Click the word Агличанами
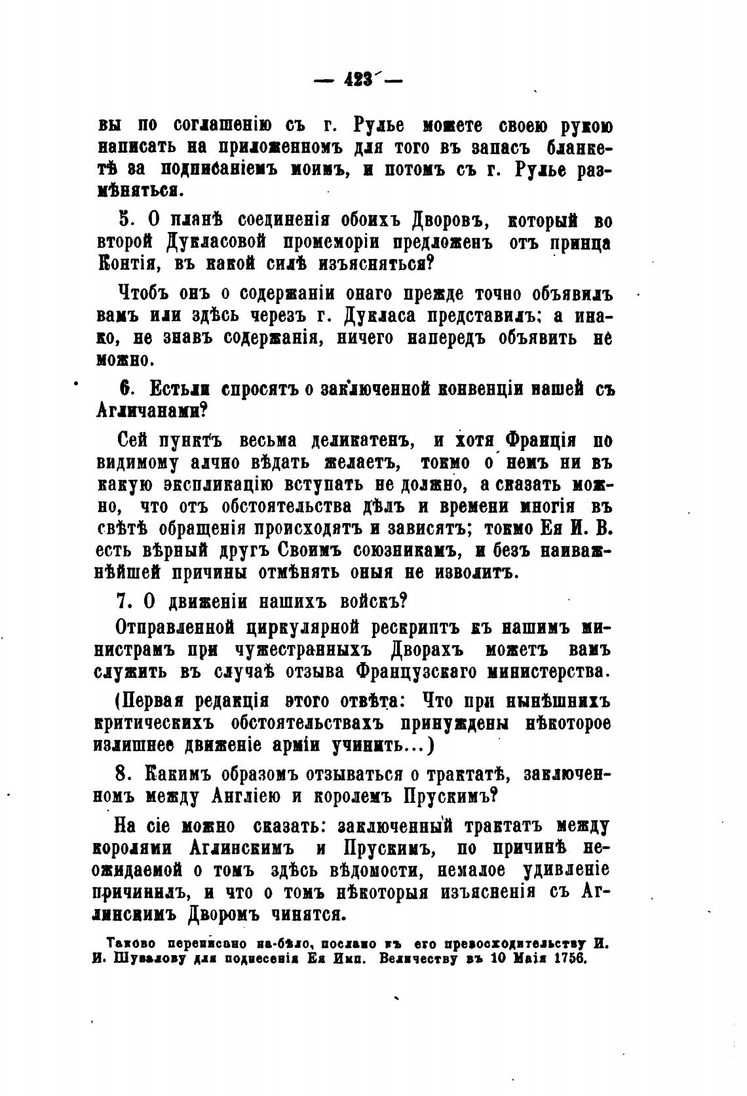click(151, 411)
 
